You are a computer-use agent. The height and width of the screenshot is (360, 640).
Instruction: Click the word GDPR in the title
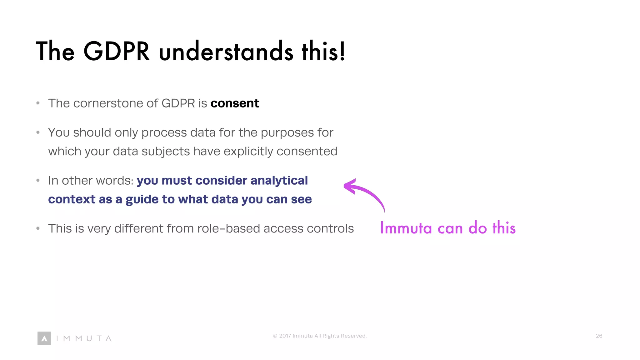[117, 52]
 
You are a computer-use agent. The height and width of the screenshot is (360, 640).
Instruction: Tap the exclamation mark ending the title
[342, 52]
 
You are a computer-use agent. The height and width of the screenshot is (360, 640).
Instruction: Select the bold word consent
[235, 103]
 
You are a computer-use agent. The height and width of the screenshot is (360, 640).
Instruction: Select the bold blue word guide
[142, 200]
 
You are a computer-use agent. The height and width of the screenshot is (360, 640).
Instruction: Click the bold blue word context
[72, 200]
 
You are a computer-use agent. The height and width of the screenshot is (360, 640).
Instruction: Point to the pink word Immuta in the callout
[406, 228]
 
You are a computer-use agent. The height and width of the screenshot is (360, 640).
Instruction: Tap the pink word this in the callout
[504, 228]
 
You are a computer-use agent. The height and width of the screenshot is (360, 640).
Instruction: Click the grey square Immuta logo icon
[44, 338]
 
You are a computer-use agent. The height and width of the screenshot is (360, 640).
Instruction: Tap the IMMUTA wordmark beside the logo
[84, 338]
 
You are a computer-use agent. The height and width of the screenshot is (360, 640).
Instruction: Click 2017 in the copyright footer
[285, 336]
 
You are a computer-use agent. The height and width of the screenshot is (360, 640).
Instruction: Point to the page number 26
[599, 336]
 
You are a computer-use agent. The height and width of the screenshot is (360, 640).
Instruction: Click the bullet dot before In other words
[38, 180]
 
